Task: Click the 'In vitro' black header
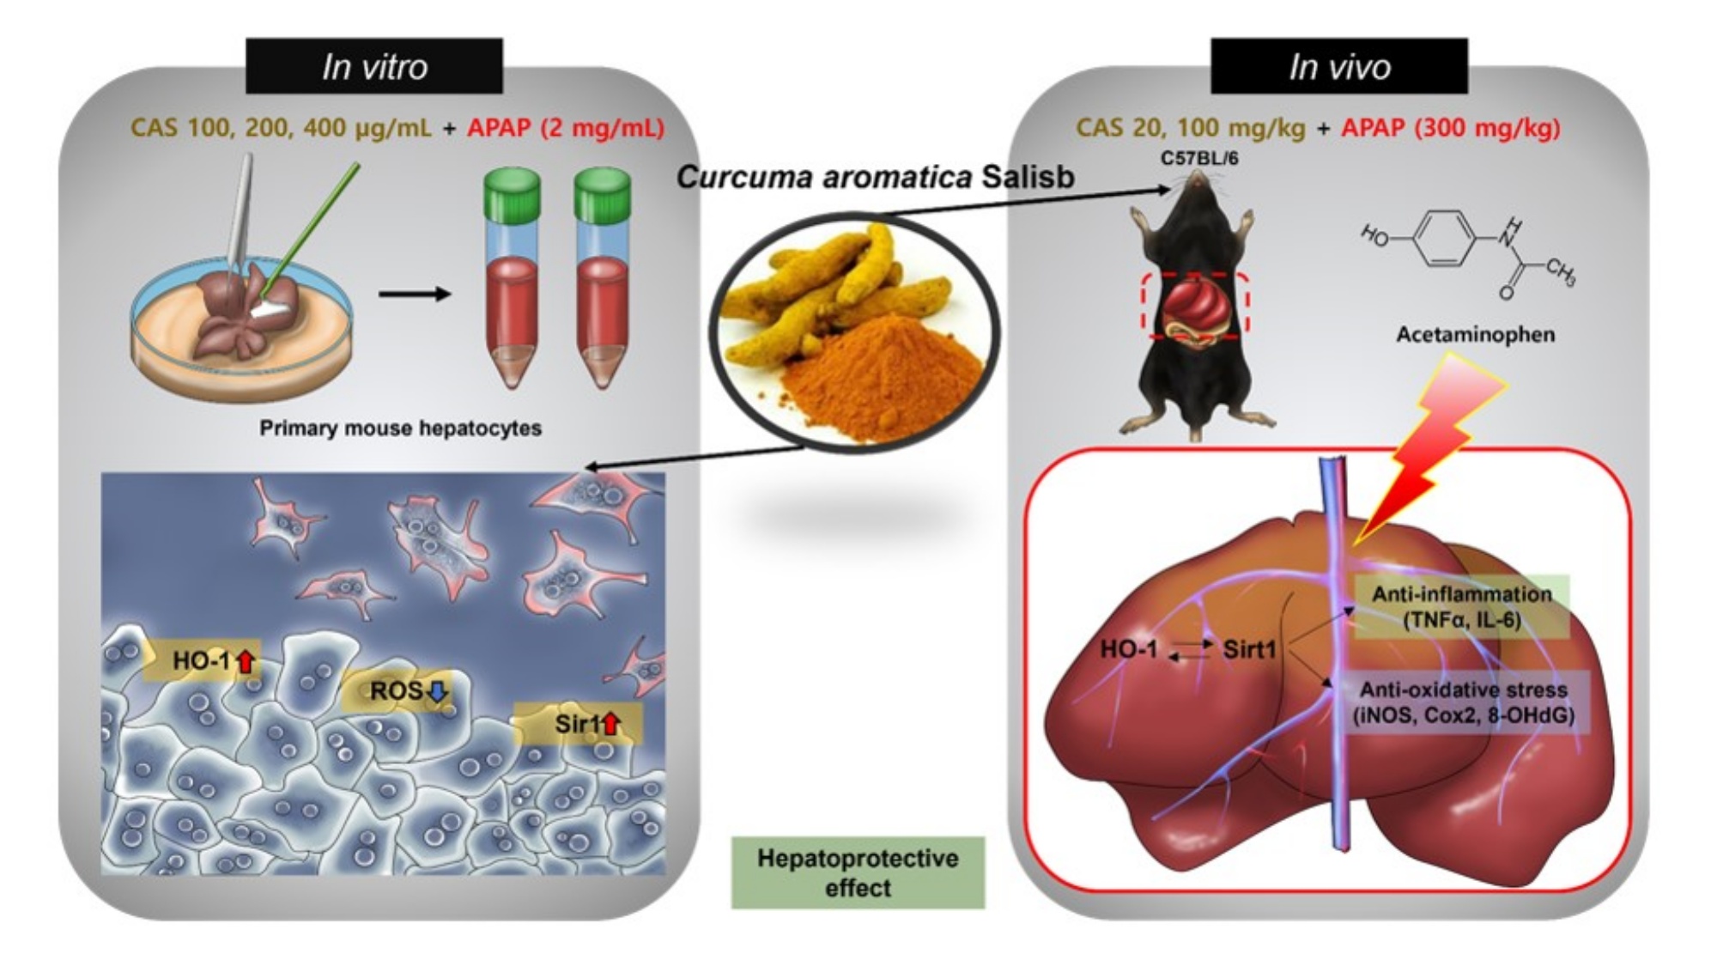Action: (x=374, y=66)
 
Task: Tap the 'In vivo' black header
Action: (x=1338, y=66)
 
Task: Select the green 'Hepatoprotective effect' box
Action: (x=858, y=872)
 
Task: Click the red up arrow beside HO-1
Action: (x=246, y=661)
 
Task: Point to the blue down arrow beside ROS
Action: (x=438, y=691)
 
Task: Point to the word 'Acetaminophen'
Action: (x=1475, y=335)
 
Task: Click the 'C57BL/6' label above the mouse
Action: (x=1199, y=159)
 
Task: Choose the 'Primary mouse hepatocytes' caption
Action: (x=400, y=428)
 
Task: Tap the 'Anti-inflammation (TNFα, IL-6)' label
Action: (x=1462, y=606)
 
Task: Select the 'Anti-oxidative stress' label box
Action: (x=1463, y=702)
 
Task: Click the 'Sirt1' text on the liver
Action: (x=1249, y=649)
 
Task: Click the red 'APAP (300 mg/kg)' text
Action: (x=1451, y=128)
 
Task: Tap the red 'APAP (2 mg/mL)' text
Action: (x=566, y=128)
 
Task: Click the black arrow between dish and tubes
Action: (x=415, y=295)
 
